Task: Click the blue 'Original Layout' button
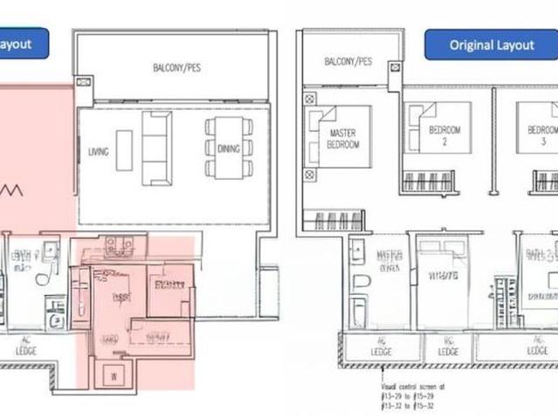click(x=491, y=45)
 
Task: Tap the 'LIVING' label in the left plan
click(x=99, y=151)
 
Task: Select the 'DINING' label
click(x=227, y=149)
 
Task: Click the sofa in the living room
click(x=157, y=148)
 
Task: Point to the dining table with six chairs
click(x=229, y=148)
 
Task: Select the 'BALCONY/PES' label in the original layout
click(x=348, y=62)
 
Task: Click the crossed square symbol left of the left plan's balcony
click(x=82, y=83)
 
